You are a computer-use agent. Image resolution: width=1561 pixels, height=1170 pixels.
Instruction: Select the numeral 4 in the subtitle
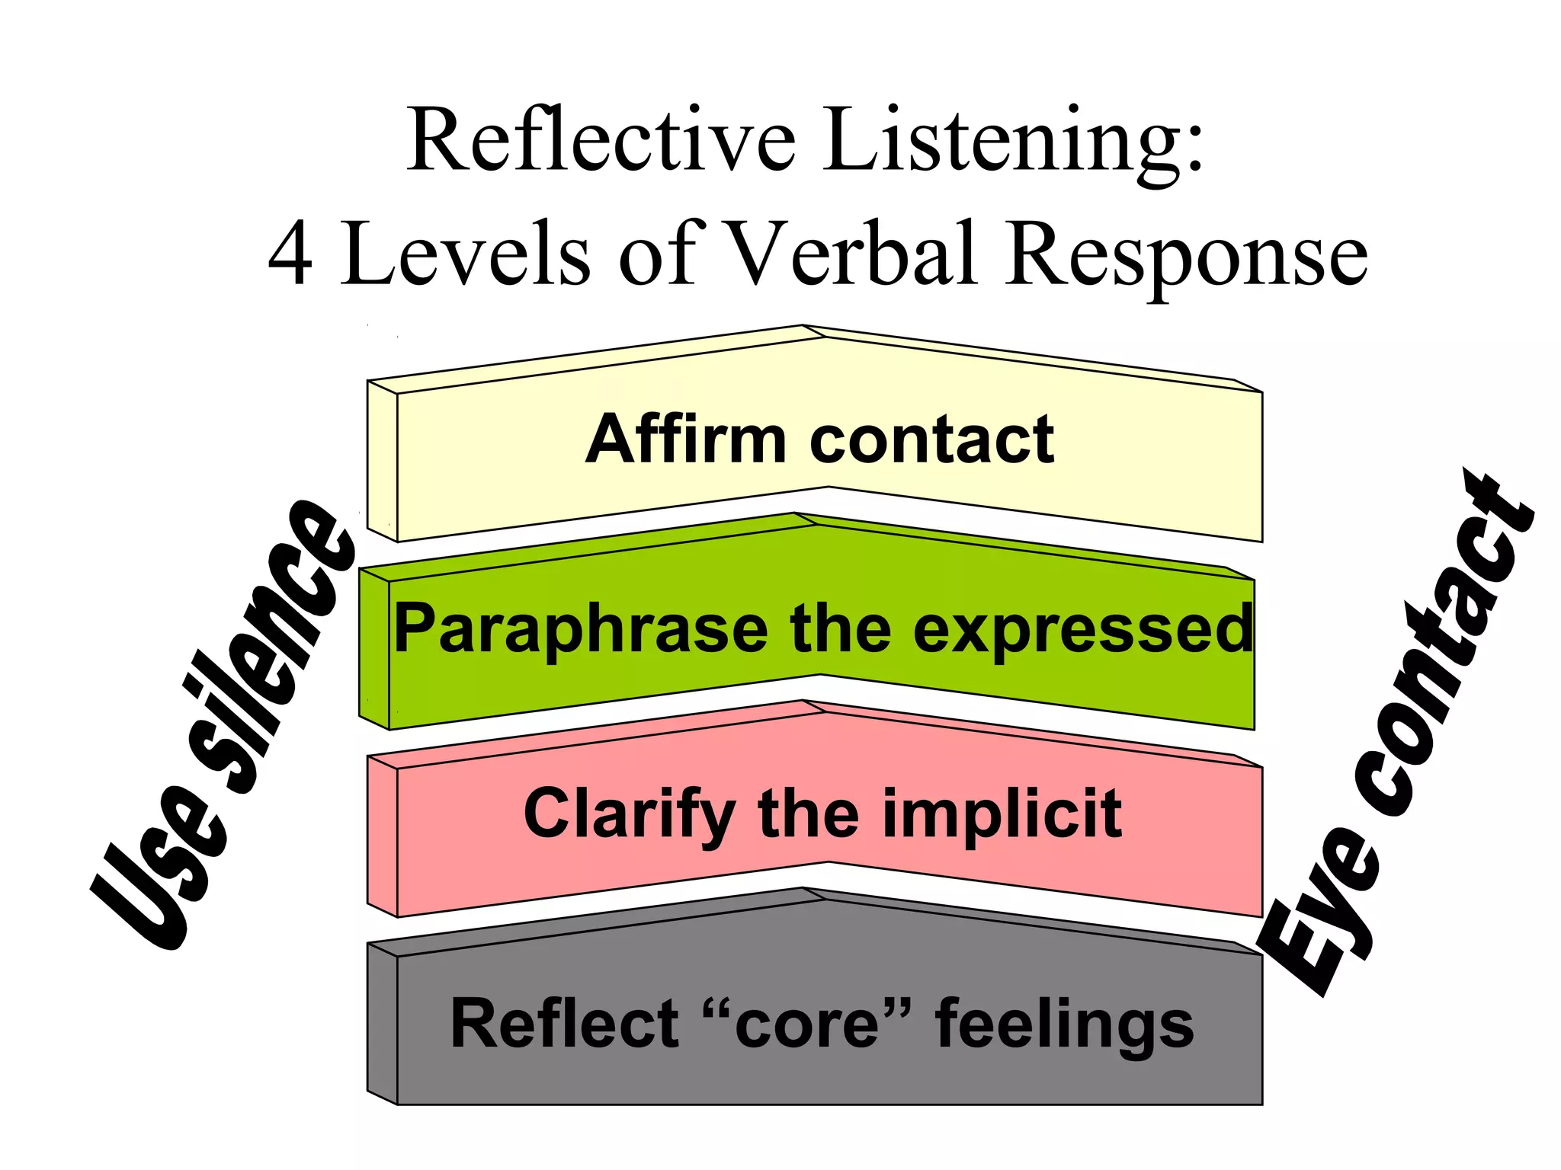point(291,255)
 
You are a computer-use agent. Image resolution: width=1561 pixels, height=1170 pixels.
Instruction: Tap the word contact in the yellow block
point(931,440)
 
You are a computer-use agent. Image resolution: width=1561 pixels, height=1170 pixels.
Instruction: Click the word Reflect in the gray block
point(564,1024)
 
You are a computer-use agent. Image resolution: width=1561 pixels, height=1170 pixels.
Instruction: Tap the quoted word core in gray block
point(806,1024)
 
